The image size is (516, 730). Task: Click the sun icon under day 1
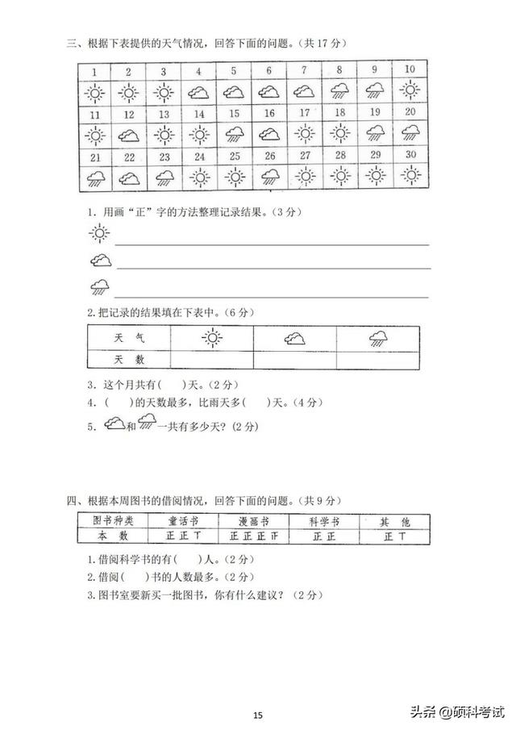click(95, 93)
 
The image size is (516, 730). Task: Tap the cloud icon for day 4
click(199, 93)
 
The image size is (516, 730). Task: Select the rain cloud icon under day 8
click(339, 91)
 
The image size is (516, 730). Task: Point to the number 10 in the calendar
click(410, 69)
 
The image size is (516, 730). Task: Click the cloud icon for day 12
click(129, 135)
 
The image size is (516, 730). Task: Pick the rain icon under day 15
click(235, 132)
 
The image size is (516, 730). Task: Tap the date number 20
click(410, 113)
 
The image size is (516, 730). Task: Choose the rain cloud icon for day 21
click(95, 177)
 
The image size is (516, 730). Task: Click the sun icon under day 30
click(410, 174)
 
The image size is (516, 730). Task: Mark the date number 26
click(270, 156)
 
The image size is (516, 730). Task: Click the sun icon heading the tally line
click(98, 235)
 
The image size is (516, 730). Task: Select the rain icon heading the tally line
click(100, 286)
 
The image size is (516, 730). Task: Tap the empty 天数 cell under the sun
click(211, 360)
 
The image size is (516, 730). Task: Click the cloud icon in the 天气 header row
click(294, 339)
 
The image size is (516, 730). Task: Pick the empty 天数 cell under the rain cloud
click(379, 360)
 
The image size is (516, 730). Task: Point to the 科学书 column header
click(324, 521)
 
